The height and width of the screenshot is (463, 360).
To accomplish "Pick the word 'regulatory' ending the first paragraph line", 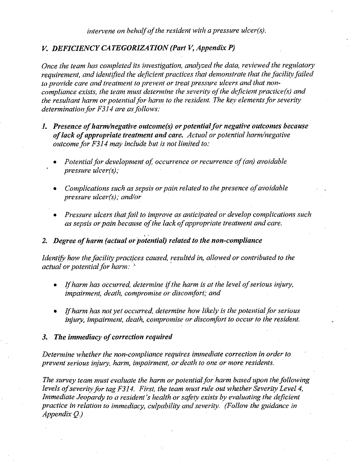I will [295, 65].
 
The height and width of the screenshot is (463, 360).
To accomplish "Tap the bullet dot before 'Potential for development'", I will [55, 162].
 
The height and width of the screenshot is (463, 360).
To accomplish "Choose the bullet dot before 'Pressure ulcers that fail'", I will [55, 215].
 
